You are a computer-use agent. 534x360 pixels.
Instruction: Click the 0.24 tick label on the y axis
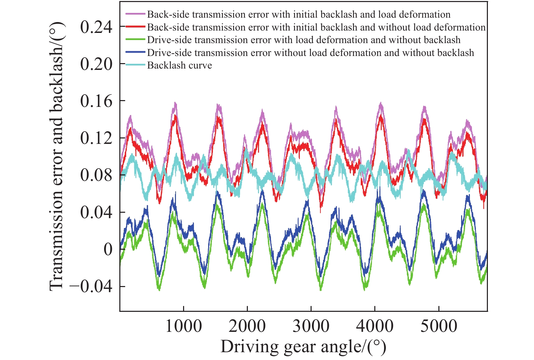click(x=96, y=27)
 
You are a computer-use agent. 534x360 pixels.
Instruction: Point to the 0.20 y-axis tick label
click(x=96, y=64)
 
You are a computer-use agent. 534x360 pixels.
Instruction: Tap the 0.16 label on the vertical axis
click(x=96, y=101)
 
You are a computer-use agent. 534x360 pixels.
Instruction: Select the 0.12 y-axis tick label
click(x=96, y=138)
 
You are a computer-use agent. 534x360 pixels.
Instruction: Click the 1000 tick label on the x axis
click(x=183, y=326)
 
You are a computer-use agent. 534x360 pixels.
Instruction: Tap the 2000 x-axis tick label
click(x=247, y=326)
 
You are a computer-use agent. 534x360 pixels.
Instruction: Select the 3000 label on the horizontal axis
click(x=311, y=326)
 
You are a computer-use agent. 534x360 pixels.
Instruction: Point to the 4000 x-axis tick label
click(x=375, y=326)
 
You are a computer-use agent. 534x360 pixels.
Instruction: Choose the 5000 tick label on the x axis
click(x=439, y=326)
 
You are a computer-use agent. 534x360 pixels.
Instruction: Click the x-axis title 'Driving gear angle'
click(x=303, y=346)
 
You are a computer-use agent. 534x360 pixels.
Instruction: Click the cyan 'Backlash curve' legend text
click(x=179, y=65)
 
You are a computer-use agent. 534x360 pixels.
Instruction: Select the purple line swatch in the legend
click(x=135, y=14)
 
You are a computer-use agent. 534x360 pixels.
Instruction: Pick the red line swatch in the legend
click(x=135, y=27)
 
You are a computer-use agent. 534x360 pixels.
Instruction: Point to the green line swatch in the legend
click(x=135, y=40)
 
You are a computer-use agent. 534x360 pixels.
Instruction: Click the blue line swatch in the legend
click(x=135, y=53)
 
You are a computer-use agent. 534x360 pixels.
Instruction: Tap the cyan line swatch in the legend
click(x=135, y=65)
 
